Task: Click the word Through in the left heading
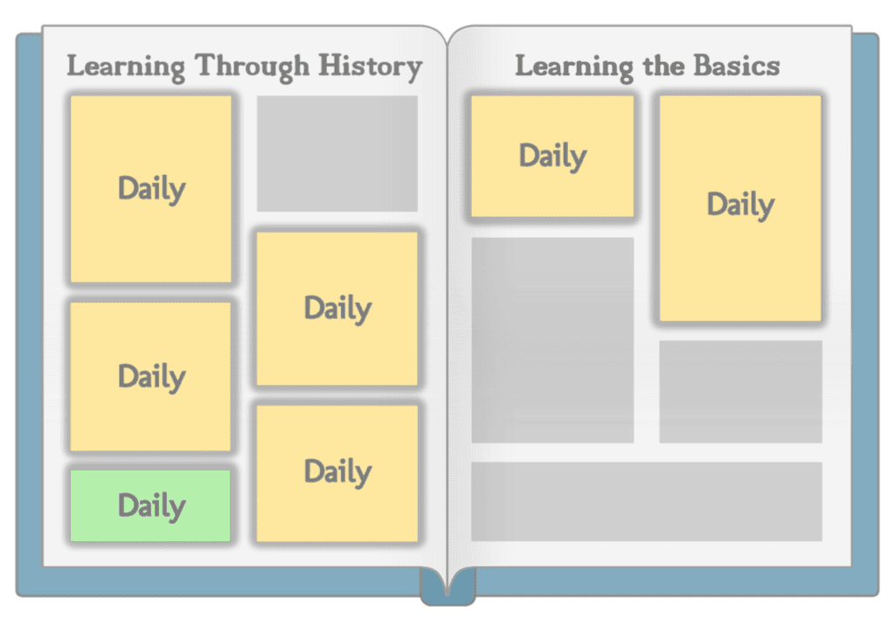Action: (252, 66)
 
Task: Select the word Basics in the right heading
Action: (736, 65)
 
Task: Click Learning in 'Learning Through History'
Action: (126, 66)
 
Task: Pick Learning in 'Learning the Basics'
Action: (574, 66)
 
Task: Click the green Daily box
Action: (150, 505)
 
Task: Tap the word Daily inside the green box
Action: (152, 506)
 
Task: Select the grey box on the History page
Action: (337, 154)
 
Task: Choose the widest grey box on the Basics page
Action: (647, 501)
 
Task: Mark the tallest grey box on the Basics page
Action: (552, 340)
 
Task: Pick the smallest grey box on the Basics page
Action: (741, 392)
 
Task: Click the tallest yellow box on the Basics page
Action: (741, 208)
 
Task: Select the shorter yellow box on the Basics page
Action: (552, 156)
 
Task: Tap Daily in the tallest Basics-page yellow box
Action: (741, 205)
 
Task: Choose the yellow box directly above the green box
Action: (150, 376)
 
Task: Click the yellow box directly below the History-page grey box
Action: (337, 309)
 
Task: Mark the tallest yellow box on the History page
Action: (150, 189)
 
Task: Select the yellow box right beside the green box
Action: (337, 473)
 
